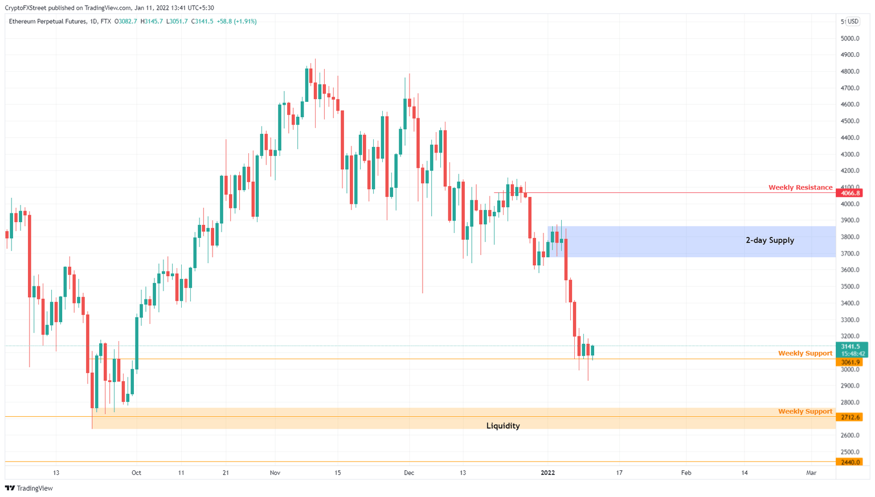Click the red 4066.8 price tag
click(x=849, y=193)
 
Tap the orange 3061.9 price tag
click(x=849, y=362)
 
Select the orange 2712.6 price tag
click(x=849, y=417)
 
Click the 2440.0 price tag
click(x=849, y=462)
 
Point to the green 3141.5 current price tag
click(x=851, y=347)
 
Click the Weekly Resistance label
click(x=800, y=187)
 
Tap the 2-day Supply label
click(x=770, y=240)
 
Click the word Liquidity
click(x=503, y=426)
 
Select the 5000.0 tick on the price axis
click(x=849, y=39)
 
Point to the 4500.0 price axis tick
click(x=849, y=121)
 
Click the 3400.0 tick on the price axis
click(x=849, y=303)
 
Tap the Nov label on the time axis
click(x=275, y=473)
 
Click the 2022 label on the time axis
click(x=547, y=473)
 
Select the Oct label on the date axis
click(x=136, y=473)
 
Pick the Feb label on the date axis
click(x=686, y=473)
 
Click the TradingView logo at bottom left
click(x=29, y=488)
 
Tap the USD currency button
click(x=853, y=22)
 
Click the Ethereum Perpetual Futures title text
click(x=47, y=22)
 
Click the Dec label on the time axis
click(x=408, y=473)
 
